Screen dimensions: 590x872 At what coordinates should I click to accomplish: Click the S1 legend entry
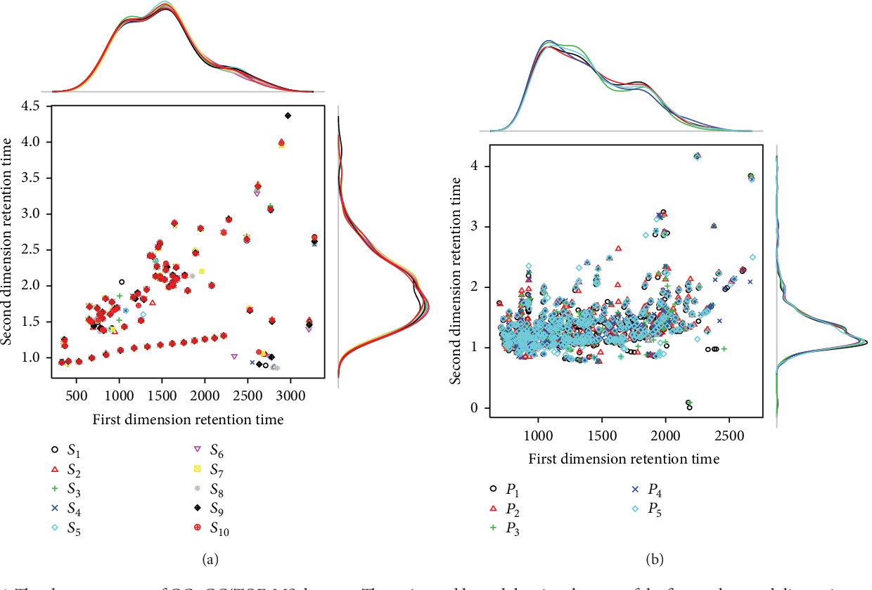point(68,450)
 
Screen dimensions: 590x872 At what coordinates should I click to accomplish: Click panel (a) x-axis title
point(188,420)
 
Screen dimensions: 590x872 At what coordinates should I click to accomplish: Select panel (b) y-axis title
point(455,279)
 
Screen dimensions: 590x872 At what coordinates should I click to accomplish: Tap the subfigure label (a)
point(207,559)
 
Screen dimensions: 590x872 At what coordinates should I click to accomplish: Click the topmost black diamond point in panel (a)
point(288,115)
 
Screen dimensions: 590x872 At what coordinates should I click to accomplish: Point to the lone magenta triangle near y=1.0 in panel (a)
point(234,356)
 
